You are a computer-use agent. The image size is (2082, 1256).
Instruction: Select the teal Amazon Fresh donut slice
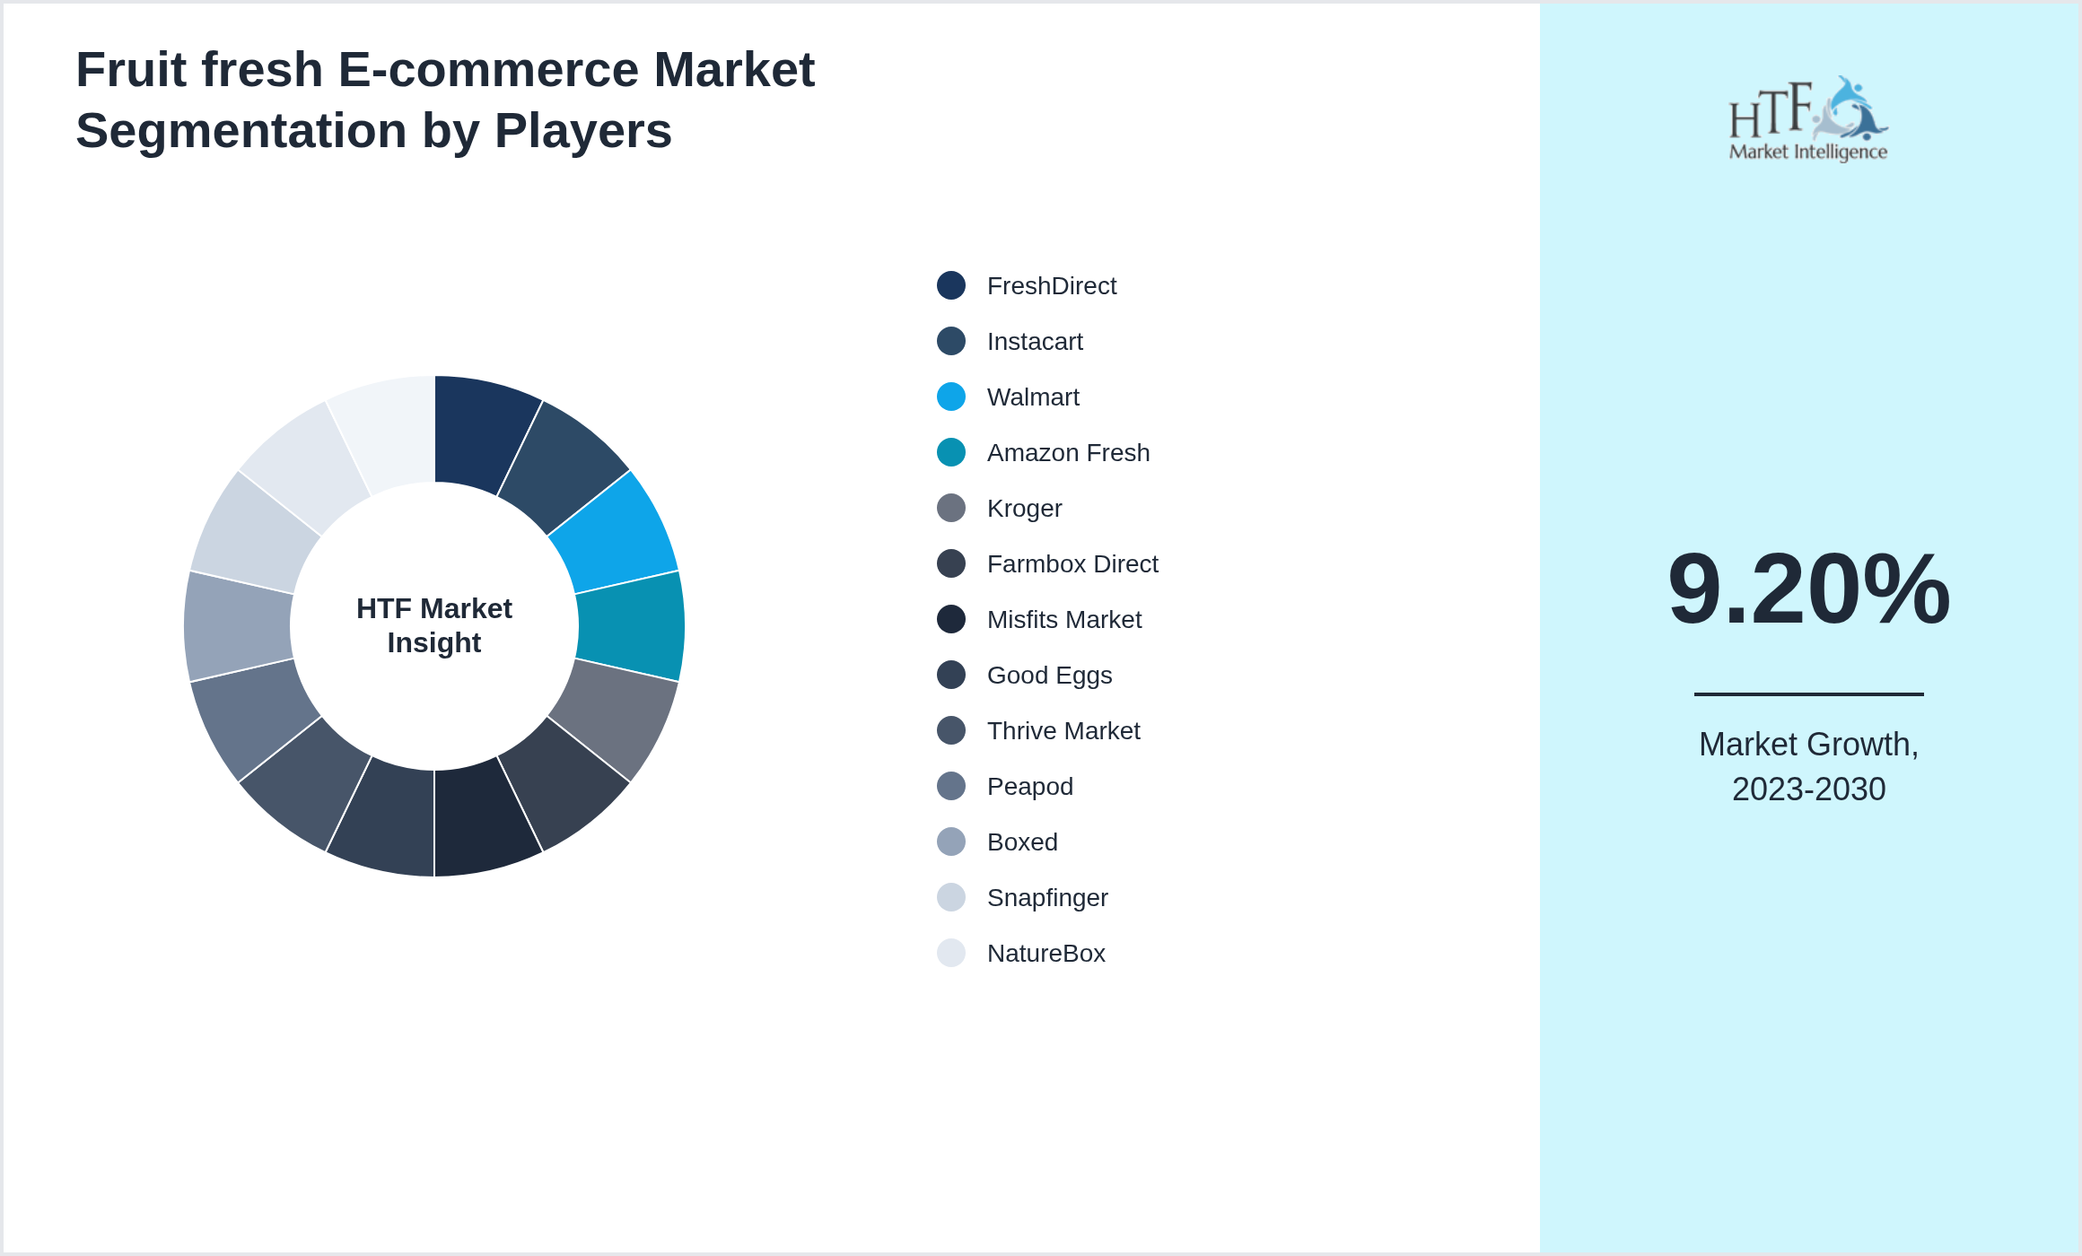tap(630, 626)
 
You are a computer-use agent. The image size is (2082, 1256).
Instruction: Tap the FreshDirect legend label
tap(1051, 286)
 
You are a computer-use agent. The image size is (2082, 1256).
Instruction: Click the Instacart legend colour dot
tap(951, 341)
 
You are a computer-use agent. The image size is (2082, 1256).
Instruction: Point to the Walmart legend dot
tap(951, 397)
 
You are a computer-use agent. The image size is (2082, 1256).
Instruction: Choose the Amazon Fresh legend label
tap(1068, 453)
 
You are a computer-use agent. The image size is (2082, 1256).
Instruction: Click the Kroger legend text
tap(1024, 509)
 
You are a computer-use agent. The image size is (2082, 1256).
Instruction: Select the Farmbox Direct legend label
tap(1072, 564)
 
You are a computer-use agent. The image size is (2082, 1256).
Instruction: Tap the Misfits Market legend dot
tap(951, 619)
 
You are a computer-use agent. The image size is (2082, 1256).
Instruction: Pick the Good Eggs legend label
tap(1049, 676)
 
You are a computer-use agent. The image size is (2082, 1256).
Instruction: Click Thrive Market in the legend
tap(1063, 731)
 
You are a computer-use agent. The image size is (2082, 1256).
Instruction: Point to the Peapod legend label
tap(1029, 787)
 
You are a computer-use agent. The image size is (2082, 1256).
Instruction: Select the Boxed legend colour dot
tap(951, 842)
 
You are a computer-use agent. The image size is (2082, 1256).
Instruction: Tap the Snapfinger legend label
tap(1047, 898)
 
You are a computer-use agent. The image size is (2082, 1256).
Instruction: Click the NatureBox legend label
tap(1045, 954)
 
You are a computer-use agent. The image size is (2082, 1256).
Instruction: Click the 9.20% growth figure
tap(1808, 589)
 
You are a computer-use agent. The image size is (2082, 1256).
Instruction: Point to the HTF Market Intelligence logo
tap(1808, 118)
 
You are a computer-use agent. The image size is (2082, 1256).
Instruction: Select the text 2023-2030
tap(1808, 789)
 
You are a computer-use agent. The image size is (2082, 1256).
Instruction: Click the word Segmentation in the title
tap(241, 131)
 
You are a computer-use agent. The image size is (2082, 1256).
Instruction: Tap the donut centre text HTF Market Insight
tap(434, 625)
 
